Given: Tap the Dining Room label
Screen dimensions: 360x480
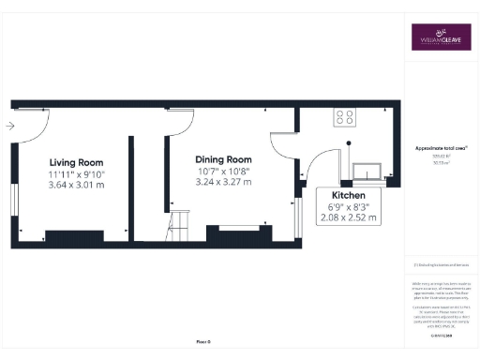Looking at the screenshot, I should click(x=224, y=159).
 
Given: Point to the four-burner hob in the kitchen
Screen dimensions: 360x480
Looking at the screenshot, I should click(x=344, y=117).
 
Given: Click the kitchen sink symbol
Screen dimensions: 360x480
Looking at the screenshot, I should click(x=368, y=170).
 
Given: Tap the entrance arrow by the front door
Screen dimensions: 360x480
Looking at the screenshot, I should click(x=9, y=125).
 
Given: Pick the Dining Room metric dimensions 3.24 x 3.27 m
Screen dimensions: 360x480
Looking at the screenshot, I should click(x=224, y=182).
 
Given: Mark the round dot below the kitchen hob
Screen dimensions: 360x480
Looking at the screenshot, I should click(x=349, y=142).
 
